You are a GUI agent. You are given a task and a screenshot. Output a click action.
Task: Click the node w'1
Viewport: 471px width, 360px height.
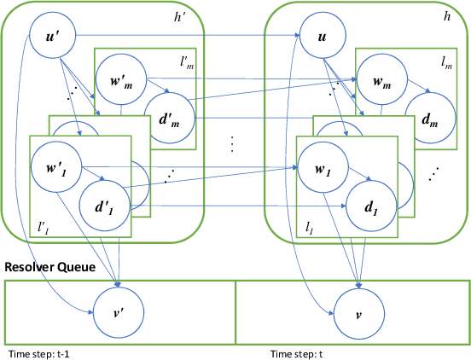(x=55, y=162)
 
